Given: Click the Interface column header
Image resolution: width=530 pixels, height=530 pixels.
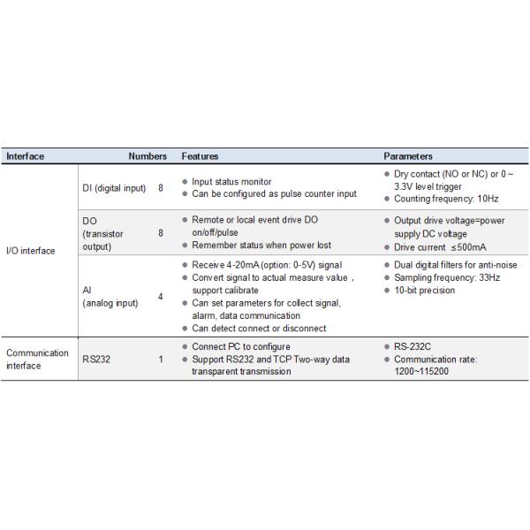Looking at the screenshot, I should (26, 156).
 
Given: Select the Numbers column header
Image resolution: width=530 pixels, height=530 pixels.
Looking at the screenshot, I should (147, 156).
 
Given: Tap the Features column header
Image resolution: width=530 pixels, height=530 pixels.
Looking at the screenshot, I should (200, 156).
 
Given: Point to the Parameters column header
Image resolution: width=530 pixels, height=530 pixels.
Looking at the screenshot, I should (408, 156).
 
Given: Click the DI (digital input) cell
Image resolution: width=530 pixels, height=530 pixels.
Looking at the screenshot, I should (114, 188).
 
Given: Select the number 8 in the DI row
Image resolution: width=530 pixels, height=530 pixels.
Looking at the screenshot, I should (160, 188).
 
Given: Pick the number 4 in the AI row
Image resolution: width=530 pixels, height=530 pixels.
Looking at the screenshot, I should (160, 296).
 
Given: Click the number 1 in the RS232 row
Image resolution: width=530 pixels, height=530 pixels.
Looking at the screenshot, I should (160, 360).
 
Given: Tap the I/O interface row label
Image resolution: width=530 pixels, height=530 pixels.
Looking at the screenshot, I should (31, 250).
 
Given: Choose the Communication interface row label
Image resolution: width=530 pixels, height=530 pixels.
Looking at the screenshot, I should (37, 359).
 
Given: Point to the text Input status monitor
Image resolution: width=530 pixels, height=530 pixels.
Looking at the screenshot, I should (231, 181).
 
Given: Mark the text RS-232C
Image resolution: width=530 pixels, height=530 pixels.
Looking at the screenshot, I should (414, 346).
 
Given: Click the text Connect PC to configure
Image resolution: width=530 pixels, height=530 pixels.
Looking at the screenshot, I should (240, 346).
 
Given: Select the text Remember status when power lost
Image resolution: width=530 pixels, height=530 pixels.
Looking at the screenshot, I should (261, 245).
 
